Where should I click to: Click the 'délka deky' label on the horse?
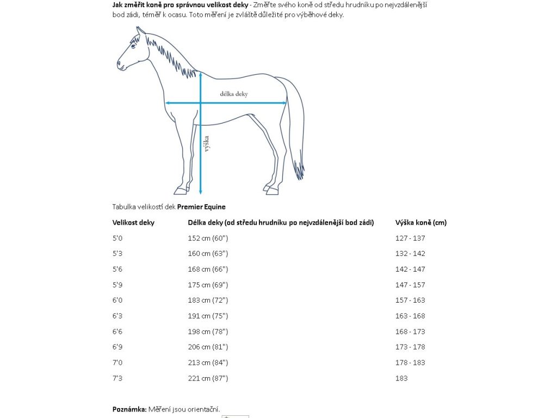click(234, 94)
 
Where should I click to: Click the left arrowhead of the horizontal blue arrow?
click(168, 102)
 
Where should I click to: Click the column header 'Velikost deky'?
click(133, 223)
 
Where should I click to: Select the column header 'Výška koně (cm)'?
click(421, 223)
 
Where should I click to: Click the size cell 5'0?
click(117, 238)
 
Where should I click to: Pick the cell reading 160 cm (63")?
click(208, 254)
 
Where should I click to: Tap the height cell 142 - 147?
click(410, 269)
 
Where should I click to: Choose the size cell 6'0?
click(117, 300)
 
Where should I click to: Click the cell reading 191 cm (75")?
click(208, 316)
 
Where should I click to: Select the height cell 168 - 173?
click(410, 331)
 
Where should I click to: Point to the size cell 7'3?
click(117, 378)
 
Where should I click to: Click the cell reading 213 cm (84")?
click(208, 362)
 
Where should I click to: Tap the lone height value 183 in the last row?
click(401, 378)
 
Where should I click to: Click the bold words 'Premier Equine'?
click(201, 207)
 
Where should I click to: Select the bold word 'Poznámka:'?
click(129, 409)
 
